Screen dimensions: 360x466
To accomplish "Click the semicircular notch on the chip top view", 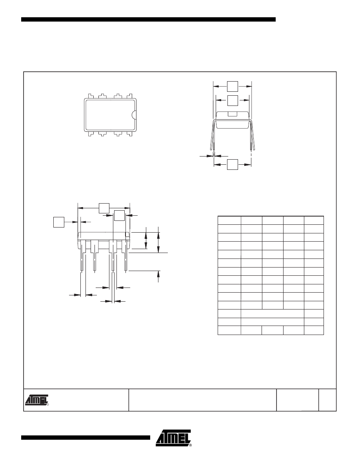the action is pyautogui.click(x=134, y=115).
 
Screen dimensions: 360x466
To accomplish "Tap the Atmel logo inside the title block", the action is pyautogui.click(x=36, y=400).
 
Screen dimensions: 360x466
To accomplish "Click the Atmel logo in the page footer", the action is pyautogui.click(x=173, y=438).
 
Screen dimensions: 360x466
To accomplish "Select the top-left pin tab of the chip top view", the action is pyautogui.click(x=89, y=96).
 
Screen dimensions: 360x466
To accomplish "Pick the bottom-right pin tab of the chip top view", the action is pyautogui.click(x=129, y=134).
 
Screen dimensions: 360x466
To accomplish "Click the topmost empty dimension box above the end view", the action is pyautogui.click(x=232, y=86).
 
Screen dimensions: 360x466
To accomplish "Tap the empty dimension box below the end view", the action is pyautogui.click(x=232, y=164).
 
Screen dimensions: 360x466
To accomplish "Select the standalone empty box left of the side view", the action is pyautogui.click(x=59, y=222).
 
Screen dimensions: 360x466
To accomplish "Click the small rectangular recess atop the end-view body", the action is pyautogui.click(x=233, y=113).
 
